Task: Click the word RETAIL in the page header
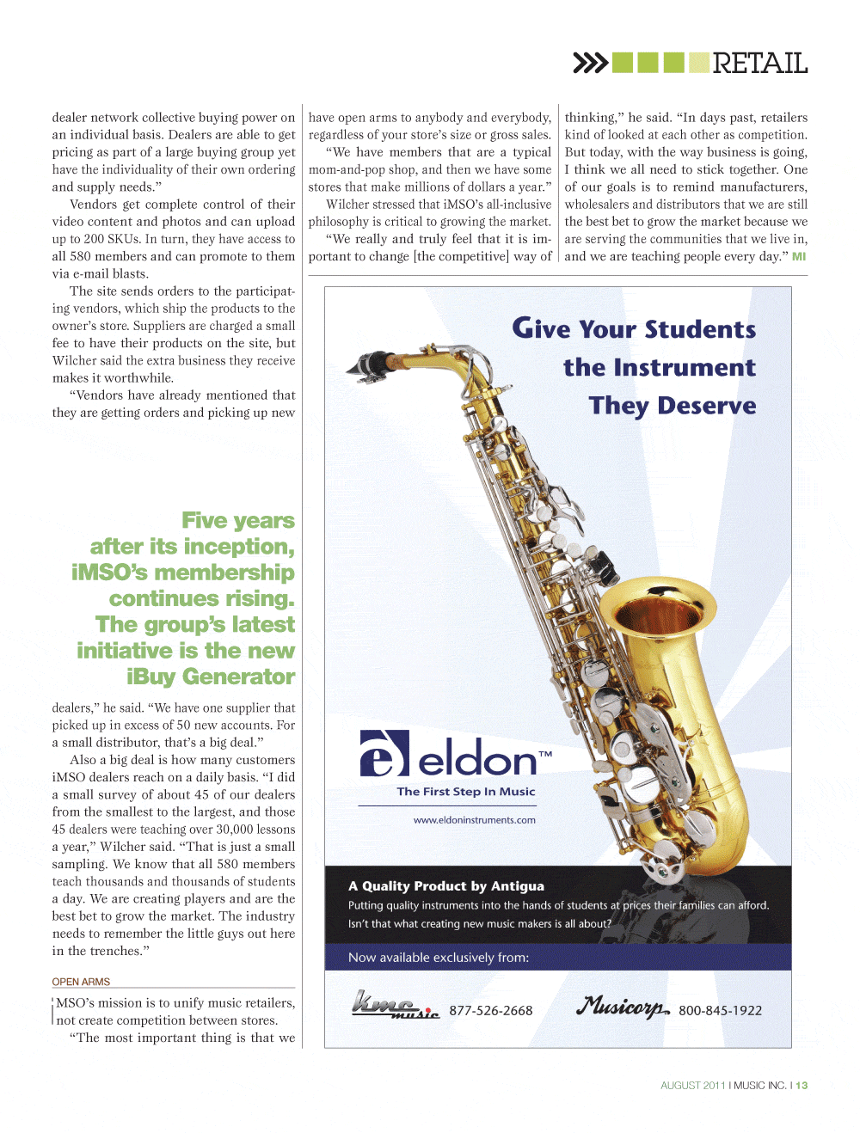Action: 759,63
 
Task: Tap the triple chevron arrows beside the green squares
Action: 590,63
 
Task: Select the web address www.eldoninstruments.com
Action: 474,820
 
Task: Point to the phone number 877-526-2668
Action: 490,1011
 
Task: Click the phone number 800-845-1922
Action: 720,1011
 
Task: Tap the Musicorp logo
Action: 623,1007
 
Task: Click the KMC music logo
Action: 395,1006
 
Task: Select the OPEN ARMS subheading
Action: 81,982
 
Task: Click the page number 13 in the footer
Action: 802,1086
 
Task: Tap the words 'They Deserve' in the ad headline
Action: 673,406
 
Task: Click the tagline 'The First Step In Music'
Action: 465,792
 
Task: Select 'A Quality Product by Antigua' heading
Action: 445,886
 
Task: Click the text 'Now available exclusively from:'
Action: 438,958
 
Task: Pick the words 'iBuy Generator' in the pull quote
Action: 211,677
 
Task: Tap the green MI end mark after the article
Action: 799,256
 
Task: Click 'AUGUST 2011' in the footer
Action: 692,1086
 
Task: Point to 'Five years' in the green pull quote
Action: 237,521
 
